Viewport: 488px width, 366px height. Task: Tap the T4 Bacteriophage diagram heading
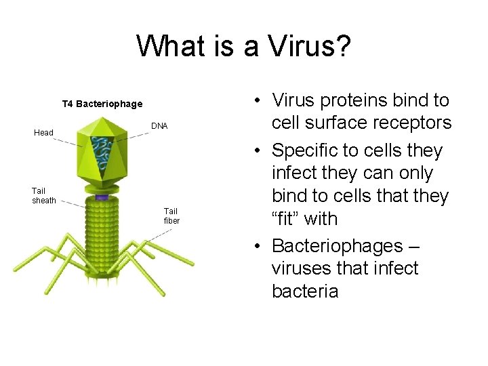102,104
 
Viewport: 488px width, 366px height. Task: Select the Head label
43,133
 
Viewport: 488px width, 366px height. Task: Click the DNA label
159,126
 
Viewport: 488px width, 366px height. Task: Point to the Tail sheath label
44,196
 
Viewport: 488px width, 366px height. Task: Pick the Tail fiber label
171,216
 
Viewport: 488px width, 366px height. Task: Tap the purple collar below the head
102,197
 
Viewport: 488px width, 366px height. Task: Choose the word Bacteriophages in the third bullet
336,245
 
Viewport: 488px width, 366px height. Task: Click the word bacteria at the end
304,291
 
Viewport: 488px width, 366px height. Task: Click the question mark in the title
342,46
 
